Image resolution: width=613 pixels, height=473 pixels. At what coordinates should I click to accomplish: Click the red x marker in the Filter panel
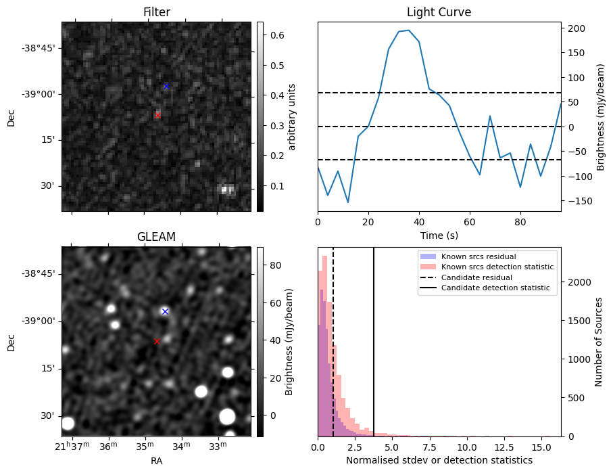[157, 116]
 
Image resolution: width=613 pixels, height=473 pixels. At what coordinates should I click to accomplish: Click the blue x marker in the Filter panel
[166, 87]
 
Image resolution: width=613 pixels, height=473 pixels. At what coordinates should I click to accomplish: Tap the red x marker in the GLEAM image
[157, 342]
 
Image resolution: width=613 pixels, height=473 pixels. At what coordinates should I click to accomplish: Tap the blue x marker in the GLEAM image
[165, 311]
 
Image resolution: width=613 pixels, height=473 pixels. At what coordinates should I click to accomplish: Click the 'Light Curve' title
[439, 12]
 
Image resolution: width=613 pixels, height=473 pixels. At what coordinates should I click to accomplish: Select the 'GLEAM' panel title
[156, 237]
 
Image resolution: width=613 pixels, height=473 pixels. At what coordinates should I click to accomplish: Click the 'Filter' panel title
[156, 12]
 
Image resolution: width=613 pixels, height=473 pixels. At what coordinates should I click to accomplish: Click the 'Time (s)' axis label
[439, 235]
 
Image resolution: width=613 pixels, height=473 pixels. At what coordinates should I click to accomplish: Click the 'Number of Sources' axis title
[599, 342]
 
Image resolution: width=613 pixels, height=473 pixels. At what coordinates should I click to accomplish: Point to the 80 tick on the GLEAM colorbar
[275, 266]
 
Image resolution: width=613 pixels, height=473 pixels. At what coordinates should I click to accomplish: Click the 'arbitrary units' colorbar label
[292, 116]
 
